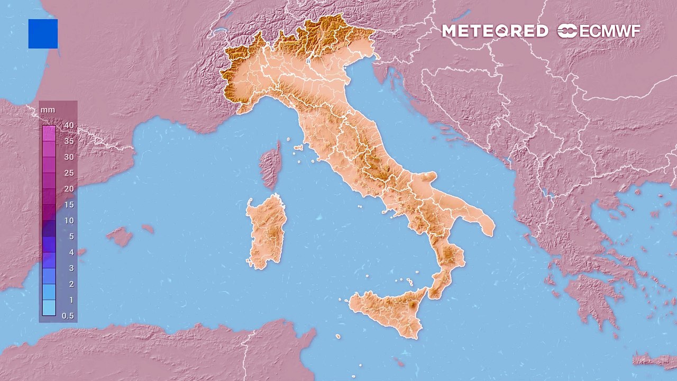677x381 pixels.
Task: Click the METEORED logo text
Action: click(x=495, y=31)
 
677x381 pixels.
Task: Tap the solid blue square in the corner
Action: click(x=43, y=34)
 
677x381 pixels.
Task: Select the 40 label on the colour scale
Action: click(x=69, y=125)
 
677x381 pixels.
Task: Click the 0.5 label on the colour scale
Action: click(x=68, y=316)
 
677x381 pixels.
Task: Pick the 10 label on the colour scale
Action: click(x=69, y=221)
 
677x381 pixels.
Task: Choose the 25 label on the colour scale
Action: click(x=69, y=173)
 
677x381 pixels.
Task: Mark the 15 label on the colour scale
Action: click(x=69, y=205)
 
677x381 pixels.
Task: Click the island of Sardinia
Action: click(x=267, y=230)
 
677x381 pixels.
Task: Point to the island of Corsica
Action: click(x=271, y=165)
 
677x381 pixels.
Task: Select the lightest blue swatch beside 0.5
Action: click(x=49, y=308)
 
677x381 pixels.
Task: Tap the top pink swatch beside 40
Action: click(x=49, y=132)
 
